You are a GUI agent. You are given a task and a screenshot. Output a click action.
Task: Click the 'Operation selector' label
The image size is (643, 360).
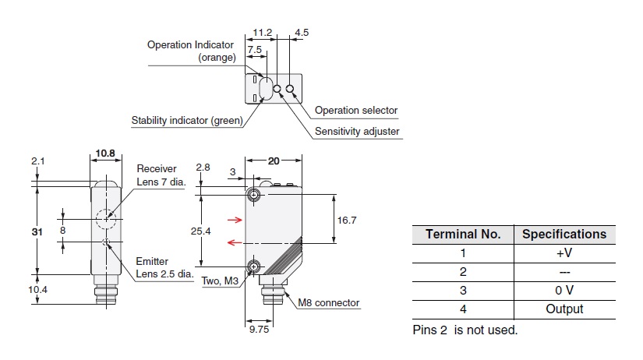click(355, 111)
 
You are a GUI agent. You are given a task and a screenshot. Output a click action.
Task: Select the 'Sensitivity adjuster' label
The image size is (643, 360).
click(357, 131)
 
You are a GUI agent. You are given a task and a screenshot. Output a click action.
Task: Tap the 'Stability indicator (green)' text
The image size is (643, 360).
click(187, 120)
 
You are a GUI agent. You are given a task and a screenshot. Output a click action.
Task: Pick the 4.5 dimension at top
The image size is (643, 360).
click(302, 33)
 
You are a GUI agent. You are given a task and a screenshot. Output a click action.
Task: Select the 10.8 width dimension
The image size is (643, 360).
click(105, 153)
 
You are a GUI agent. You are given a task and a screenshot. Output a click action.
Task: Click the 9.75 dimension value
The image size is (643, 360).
click(259, 330)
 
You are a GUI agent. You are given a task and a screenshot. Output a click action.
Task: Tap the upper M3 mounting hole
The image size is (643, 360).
click(253, 196)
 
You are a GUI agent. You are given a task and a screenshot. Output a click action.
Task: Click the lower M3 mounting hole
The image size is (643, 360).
click(253, 268)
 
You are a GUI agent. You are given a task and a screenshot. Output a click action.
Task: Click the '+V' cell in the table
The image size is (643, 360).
click(564, 252)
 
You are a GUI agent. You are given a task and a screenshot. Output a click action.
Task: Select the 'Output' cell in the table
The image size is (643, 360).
click(564, 309)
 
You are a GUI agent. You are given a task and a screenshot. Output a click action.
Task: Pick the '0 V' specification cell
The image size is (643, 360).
click(564, 290)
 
